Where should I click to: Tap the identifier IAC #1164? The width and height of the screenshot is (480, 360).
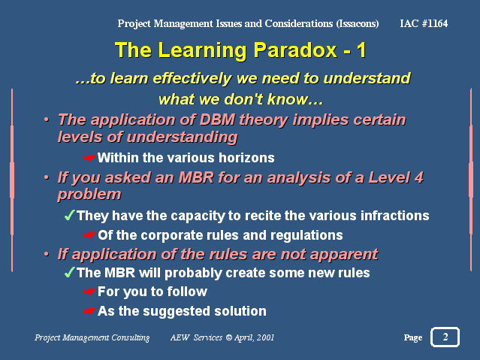coord(424,23)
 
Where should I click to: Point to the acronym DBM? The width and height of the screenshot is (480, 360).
coord(217,119)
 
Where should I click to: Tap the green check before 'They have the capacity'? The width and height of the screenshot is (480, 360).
coord(70,215)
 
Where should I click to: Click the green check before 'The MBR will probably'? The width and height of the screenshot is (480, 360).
coord(70,272)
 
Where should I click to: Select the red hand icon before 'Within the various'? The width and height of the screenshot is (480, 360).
coord(89,158)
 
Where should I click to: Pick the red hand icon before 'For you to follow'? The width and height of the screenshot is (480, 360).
coord(89,292)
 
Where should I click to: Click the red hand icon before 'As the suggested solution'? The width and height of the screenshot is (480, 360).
coord(89,311)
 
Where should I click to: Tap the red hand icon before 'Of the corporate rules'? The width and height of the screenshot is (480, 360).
coord(89,235)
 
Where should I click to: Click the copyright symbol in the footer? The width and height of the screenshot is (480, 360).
coord(228,337)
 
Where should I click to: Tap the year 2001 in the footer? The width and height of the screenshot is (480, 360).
coord(265,337)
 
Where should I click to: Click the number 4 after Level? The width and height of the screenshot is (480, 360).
coord(418,177)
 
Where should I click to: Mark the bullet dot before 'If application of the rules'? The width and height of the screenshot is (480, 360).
coord(47,254)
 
